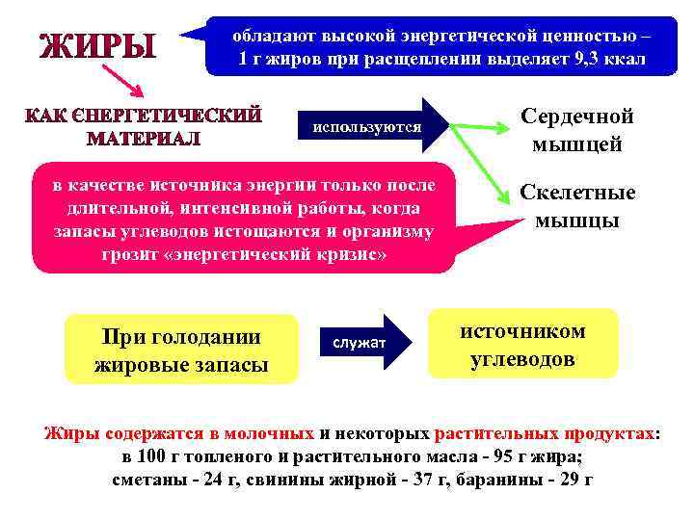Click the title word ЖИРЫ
click(96, 45)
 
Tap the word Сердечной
click(577, 116)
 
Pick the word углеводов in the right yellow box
click(522, 360)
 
